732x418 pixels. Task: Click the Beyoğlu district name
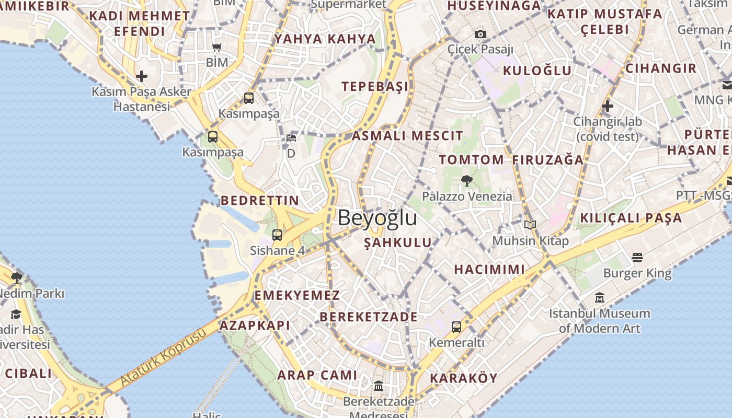(378, 218)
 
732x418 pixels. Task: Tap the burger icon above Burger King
(637, 257)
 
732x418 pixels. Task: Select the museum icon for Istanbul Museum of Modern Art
(600, 298)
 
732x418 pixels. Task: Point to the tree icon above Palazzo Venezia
(467, 181)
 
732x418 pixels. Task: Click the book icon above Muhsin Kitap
(530, 225)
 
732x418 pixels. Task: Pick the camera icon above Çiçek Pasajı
(480, 34)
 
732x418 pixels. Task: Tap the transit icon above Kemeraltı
(456, 327)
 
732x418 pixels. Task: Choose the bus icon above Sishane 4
(277, 235)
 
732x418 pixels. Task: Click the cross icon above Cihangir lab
(607, 106)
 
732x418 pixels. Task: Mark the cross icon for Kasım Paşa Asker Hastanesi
(141, 76)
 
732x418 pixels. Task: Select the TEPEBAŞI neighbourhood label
(375, 86)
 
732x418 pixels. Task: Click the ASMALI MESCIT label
(407, 136)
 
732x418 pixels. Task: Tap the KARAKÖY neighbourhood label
(463, 378)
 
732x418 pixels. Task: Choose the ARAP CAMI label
(317, 375)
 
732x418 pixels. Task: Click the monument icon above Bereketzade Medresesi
(379, 386)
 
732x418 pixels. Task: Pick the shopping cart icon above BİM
(217, 48)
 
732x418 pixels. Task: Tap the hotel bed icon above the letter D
(291, 138)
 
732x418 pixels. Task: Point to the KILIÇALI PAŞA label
(631, 217)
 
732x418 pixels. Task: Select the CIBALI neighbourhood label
(29, 373)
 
